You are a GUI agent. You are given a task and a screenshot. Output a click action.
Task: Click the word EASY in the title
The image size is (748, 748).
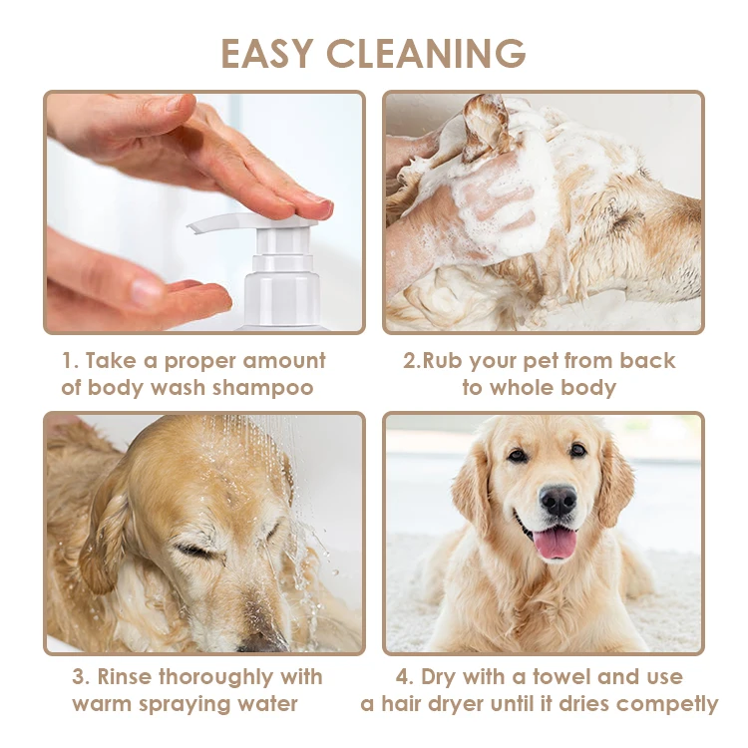click(267, 53)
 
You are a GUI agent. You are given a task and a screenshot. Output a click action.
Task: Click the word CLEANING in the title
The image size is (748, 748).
click(427, 53)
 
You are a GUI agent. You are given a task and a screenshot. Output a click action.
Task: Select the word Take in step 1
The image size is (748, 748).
click(111, 361)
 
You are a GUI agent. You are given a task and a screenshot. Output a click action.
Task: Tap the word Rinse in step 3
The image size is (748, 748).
click(125, 677)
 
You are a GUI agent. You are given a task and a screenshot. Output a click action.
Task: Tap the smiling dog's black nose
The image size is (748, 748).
click(558, 501)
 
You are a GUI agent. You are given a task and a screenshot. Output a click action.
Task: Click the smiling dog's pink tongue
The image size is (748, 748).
click(555, 543)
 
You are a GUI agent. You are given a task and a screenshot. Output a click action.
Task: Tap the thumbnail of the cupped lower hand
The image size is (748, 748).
click(146, 292)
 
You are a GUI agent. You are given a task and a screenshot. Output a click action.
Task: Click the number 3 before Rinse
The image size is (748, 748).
click(79, 677)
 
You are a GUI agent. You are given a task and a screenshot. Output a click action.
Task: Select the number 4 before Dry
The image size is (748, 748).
click(404, 677)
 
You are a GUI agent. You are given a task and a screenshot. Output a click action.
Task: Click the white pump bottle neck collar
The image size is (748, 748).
click(282, 262)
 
